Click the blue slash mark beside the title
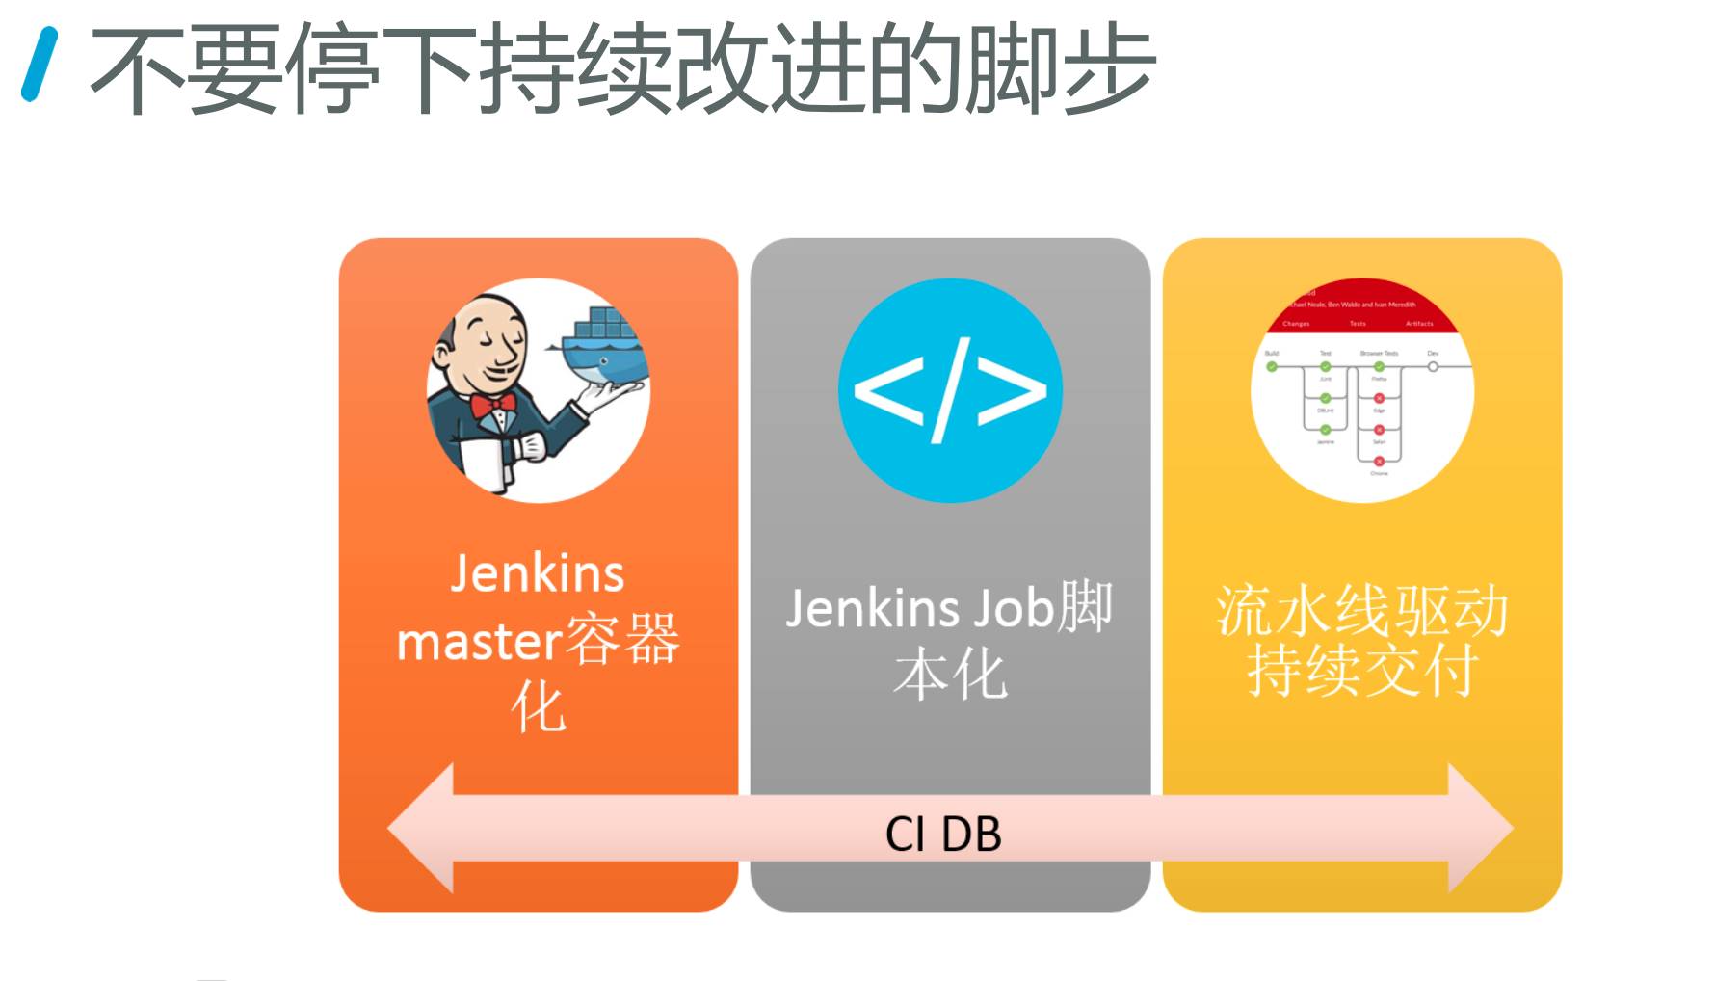pos(40,65)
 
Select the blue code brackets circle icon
pos(950,390)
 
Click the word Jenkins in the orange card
pos(538,573)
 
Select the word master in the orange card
pos(479,642)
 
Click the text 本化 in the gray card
pos(950,675)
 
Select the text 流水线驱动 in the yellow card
pos(1361,611)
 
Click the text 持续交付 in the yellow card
pos(1361,671)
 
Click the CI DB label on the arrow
pos(943,834)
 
